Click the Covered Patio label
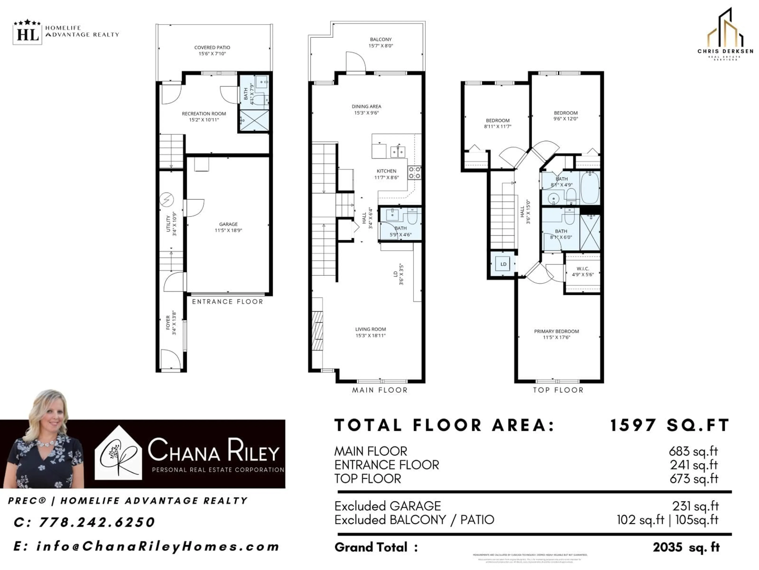[212, 47]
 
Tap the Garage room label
[228, 224]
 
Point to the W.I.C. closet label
[583, 268]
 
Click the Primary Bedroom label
[556, 331]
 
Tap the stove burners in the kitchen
[414, 172]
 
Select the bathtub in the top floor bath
[590, 188]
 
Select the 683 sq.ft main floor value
[693, 451]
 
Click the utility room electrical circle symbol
[167, 199]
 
